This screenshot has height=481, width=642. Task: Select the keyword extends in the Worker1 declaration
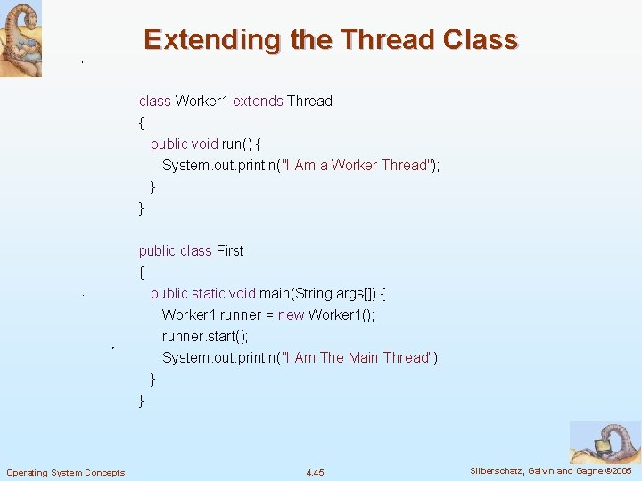[x=258, y=102]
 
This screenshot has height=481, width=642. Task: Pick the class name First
[x=230, y=251]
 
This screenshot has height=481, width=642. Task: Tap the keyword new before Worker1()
[x=291, y=314]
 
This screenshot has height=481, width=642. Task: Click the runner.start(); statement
[x=205, y=336]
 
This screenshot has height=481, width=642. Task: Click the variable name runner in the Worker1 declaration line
[x=241, y=314]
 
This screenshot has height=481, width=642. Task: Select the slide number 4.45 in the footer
[x=315, y=471]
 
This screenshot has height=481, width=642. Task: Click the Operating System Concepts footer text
[x=65, y=472]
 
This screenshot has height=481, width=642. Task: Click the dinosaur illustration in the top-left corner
[x=21, y=39]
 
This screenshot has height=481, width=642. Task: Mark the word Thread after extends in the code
[x=309, y=102]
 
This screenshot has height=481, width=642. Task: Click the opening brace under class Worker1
[x=141, y=122]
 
